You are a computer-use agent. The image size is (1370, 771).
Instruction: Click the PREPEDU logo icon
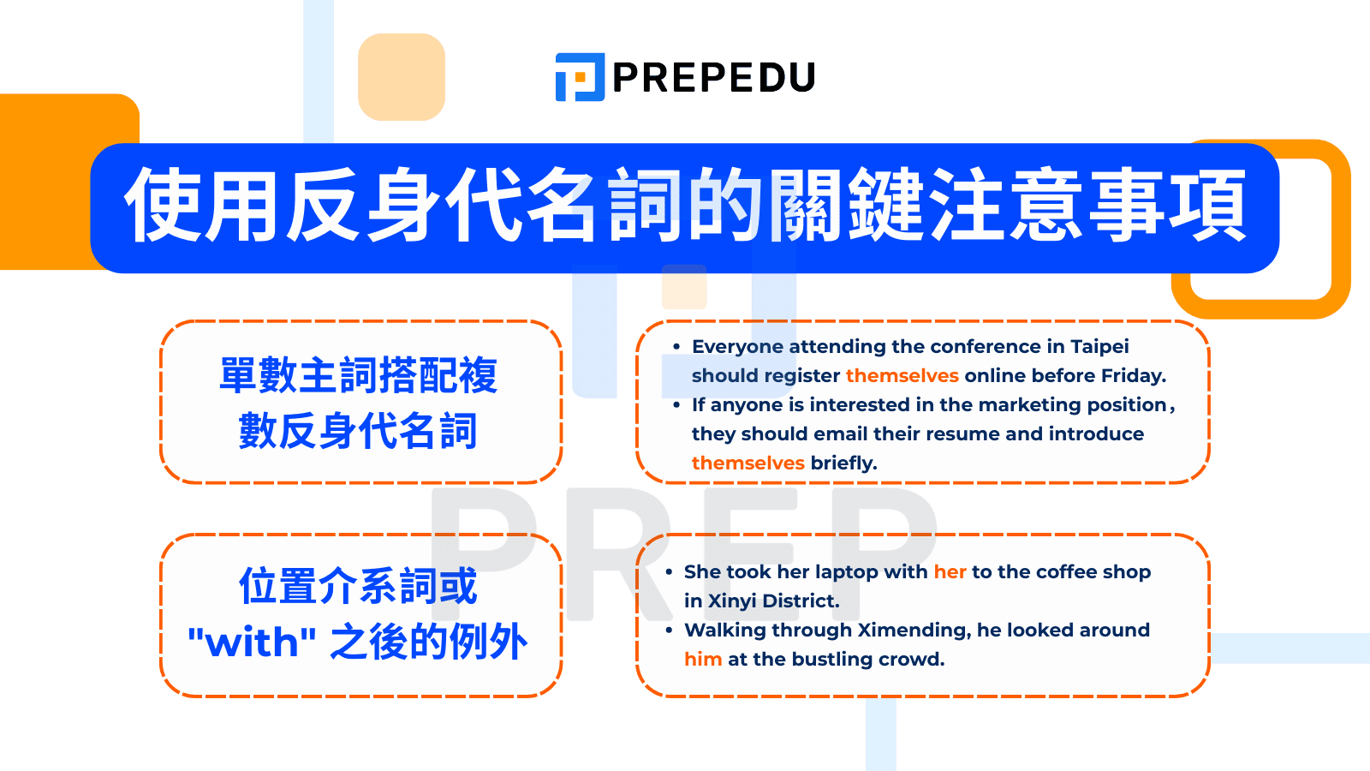pyautogui.click(x=580, y=77)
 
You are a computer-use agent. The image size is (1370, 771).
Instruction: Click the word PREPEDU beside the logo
pyautogui.click(x=713, y=78)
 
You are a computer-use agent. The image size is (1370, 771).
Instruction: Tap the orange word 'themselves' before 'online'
pyautogui.click(x=902, y=375)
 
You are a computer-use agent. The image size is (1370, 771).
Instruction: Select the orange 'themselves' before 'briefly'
pyautogui.click(x=748, y=463)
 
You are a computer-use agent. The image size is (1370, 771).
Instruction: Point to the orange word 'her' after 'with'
pyautogui.click(x=950, y=571)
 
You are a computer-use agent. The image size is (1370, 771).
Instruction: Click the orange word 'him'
pyautogui.click(x=703, y=659)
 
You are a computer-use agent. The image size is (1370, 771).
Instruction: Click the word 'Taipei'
pyautogui.click(x=1099, y=346)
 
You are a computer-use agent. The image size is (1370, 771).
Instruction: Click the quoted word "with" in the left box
pyautogui.click(x=252, y=642)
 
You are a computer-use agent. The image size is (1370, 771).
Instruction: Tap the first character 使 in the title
pyautogui.click(x=163, y=206)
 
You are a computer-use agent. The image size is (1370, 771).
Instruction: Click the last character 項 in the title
pyautogui.click(x=1207, y=206)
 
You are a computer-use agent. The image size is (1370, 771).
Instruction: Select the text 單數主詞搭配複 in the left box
pyautogui.click(x=358, y=375)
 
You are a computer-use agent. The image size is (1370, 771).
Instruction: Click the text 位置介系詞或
pyautogui.click(x=358, y=587)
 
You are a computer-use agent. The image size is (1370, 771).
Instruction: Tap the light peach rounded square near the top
pyautogui.click(x=401, y=77)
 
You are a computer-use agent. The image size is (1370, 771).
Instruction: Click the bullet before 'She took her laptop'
pyautogui.click(x=669, y=571)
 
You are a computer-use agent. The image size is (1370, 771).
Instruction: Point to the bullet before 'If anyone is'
pyautogui.click(x=676, y=404)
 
